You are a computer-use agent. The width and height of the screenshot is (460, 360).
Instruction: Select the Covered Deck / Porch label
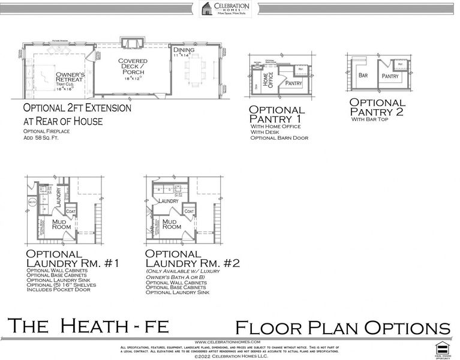[x=133, y=69]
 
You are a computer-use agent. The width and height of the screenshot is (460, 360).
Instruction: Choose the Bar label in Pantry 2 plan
[x=363, y=76]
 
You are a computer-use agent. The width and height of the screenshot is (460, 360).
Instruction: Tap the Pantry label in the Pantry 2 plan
[x=390, y=77]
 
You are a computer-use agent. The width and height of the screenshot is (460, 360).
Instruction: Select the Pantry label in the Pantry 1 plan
[x=294, y=83]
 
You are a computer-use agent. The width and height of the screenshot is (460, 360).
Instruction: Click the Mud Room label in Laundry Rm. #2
[x=172, y=224]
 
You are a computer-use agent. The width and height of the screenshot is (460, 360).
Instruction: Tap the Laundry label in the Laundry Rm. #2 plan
[x=169, y=201]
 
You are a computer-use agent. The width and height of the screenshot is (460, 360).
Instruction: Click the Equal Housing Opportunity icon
[x=442, y=347]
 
